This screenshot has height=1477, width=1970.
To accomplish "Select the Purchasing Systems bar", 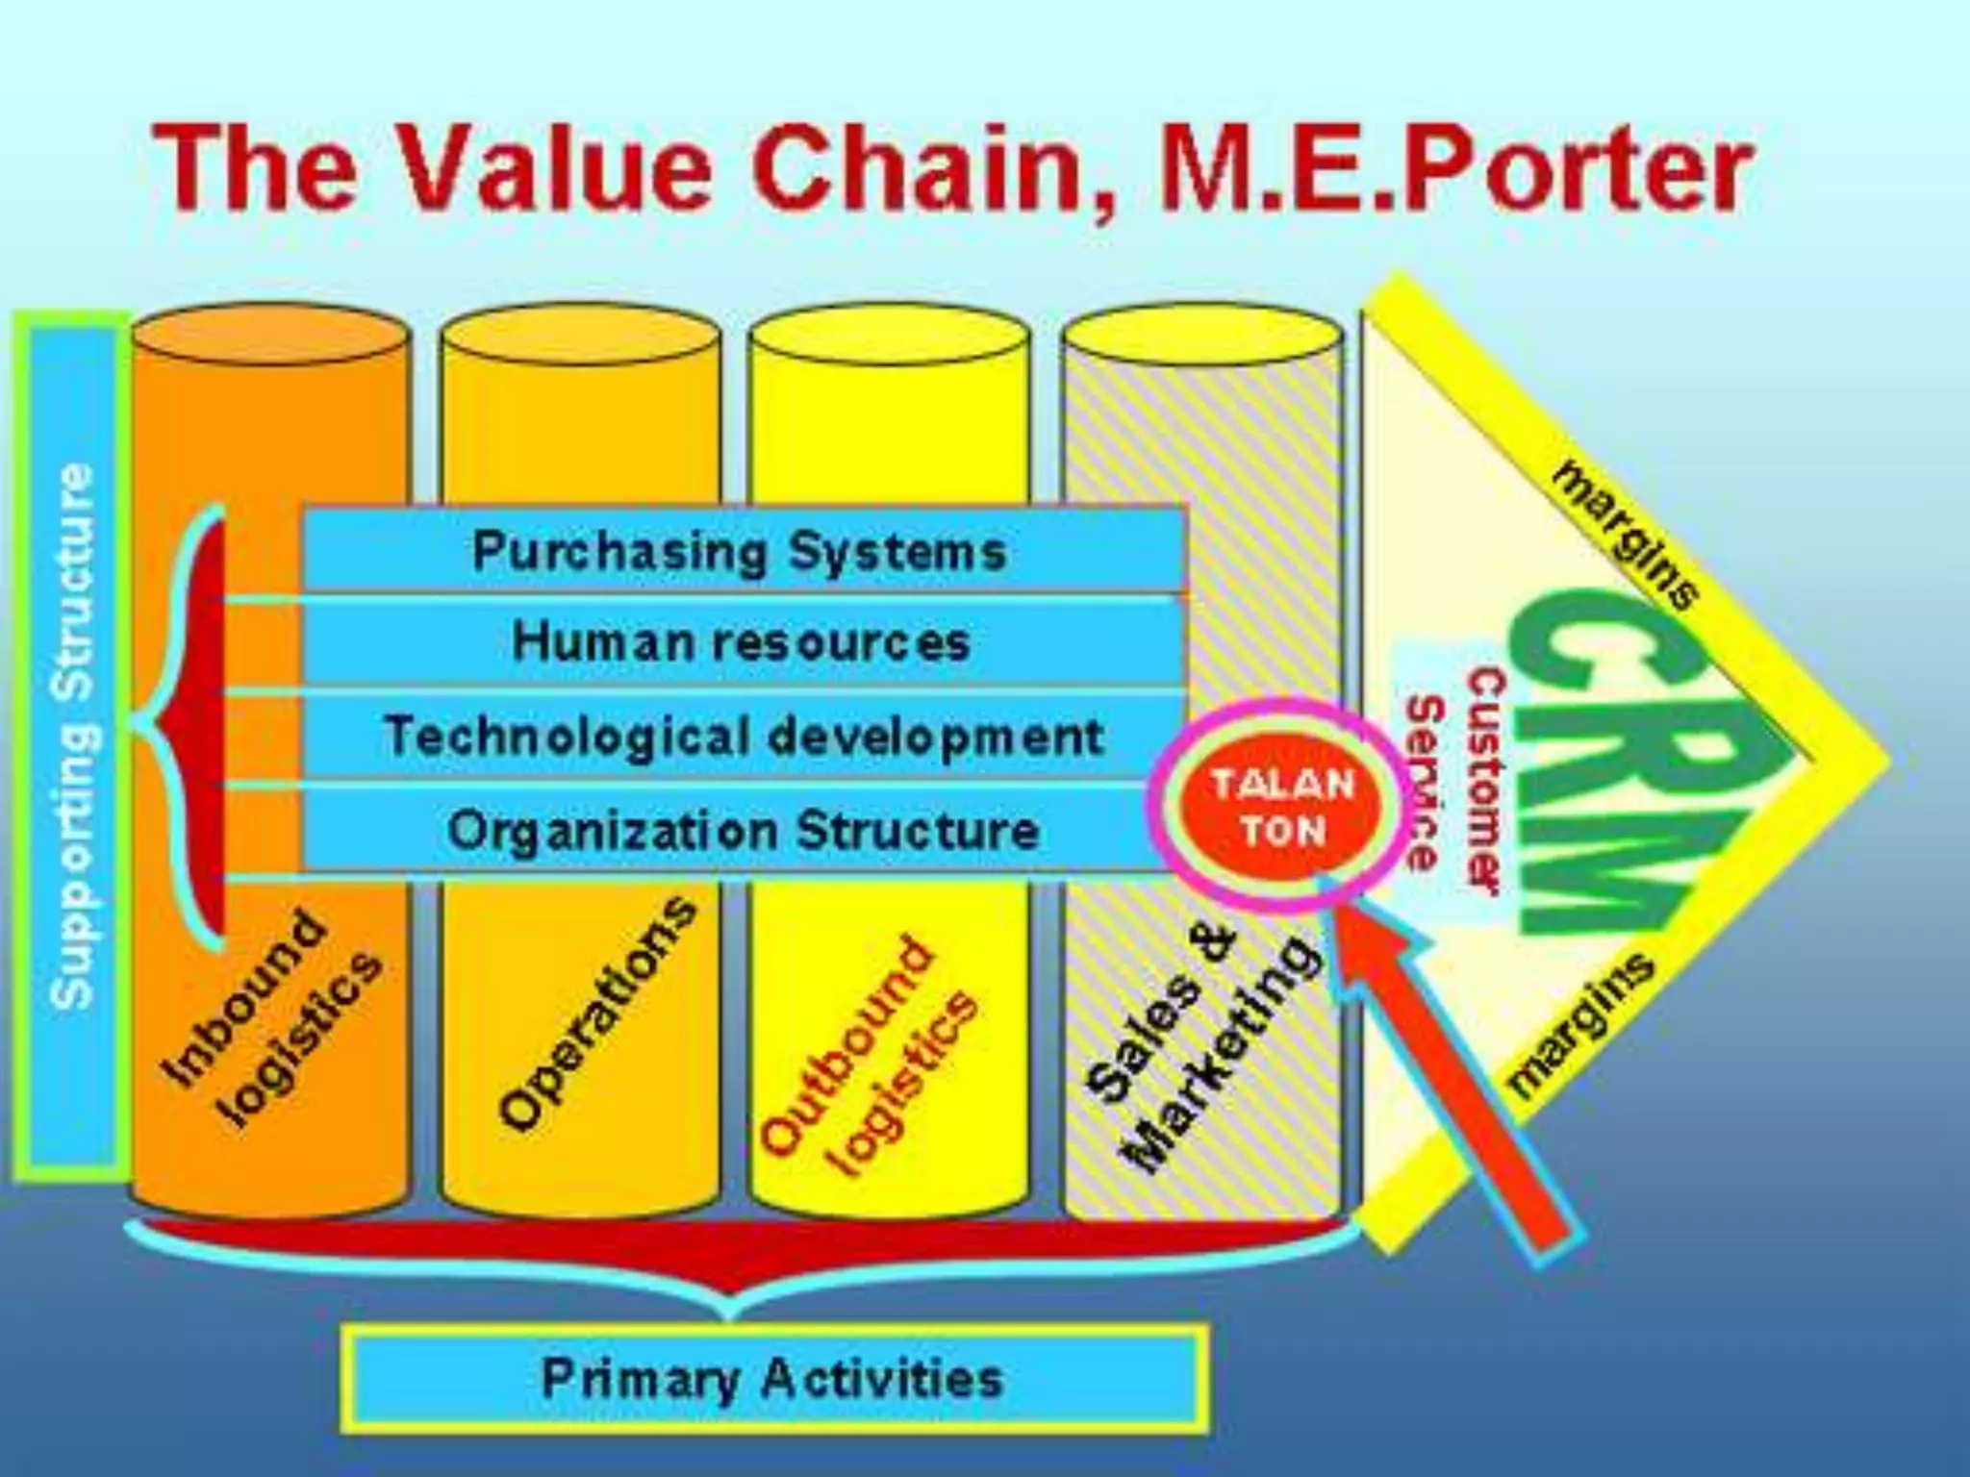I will [741, 551].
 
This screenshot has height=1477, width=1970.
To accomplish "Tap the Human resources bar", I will [741, 641].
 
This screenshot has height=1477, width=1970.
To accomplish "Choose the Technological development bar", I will [741, 737].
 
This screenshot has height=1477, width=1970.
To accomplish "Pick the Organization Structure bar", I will [741, 830].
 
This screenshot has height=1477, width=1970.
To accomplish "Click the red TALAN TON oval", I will [1282, 808].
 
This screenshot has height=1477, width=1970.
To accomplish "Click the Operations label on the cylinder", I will [596, 1014].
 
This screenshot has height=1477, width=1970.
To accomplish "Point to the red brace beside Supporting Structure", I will [197, 721].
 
